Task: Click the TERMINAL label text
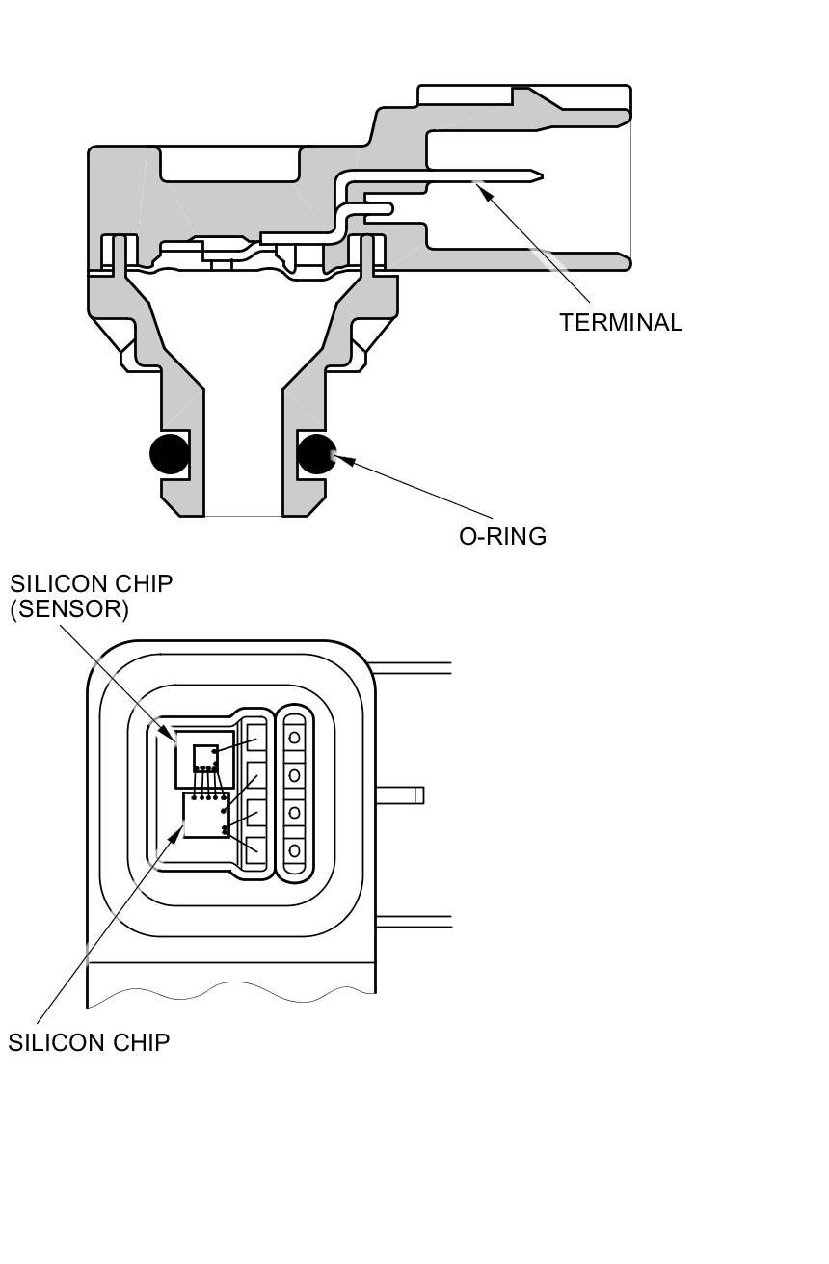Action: (x=621, y=323)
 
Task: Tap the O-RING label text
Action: (x=502, y=537)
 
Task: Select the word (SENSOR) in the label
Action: (x=69, y=609)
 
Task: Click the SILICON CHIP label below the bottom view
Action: (x=89, y=1042)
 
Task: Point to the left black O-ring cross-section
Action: (x=170, y=454)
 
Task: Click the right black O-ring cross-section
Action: (x=316, y=454)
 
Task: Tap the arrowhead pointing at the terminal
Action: (x=484, y=191)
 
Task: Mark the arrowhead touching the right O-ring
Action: (x=341, y=460)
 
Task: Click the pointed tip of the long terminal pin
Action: (x=540, y=176)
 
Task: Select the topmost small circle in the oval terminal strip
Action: (x=295, y=738)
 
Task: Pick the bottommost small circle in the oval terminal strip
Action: (x=295, y=850)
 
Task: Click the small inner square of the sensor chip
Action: (x=205, y=757)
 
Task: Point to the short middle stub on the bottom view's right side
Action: (x=399, y=795)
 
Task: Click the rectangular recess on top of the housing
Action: (x=229, y=164)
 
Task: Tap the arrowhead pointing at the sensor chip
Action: (x=173, y=737)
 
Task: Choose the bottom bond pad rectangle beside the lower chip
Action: (x=255, y=850)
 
